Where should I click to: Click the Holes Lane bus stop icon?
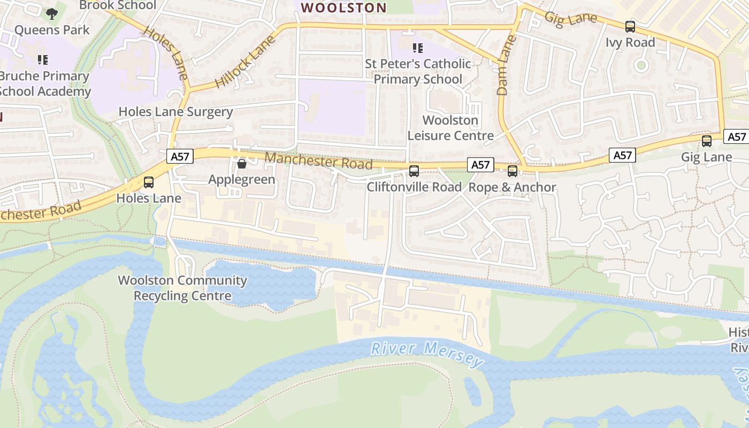click(x=149, y=182)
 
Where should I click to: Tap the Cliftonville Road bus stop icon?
click(x=414, y=171)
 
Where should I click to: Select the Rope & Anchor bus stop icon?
click(x=513, y=171)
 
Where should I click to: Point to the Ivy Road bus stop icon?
click(x=630, y=26)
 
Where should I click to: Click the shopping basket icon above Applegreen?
click(x=242, y=164)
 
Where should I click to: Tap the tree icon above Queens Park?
click(x=51, y=13)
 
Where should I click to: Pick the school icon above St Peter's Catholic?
click(x=418, y=48)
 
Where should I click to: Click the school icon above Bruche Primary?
click(x=43, y=59)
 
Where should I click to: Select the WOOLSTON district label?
click(x=343, y=7)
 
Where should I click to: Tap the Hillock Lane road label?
click(x=245, y=62)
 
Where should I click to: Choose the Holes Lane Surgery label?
click(x=175, y=112)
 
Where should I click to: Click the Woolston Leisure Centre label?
click(x=450, y=128)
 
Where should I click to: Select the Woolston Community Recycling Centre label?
click(x=182, y=288)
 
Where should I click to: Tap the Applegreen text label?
click(x=242, y=179)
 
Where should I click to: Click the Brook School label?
click(x=118, y=5)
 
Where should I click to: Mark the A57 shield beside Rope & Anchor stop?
click(x=480, y=165)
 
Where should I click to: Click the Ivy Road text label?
click(x=630, y=42)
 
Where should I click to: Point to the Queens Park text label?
click(x=52, y=29)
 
